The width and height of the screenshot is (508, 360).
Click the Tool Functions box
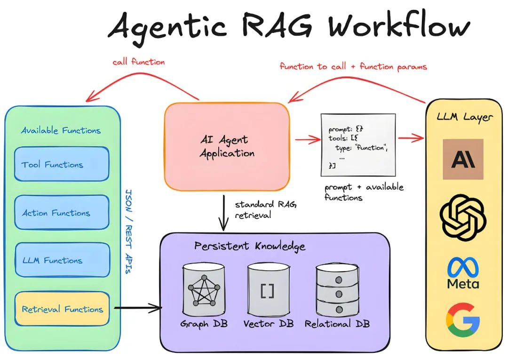[62, 164]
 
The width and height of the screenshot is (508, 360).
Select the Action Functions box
[62, 213]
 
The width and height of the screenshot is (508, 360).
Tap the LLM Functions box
[62, 260]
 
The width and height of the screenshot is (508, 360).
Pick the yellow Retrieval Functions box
[62, 309]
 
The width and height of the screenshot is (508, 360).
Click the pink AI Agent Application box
[227, 146]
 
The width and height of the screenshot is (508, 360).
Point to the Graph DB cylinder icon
[204, 290]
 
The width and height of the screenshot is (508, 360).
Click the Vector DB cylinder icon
[268, 290]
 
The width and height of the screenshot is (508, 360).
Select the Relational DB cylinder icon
[336, 290]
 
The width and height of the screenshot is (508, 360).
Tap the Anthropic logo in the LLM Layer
[463, 159]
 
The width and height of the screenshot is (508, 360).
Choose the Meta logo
[463, 272]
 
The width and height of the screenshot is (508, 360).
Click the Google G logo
[463, 320]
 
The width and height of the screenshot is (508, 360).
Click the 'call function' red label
[138, 62]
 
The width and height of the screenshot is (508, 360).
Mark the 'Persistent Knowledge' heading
[249, 246]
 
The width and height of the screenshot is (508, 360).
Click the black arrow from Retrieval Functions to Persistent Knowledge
[137, 309]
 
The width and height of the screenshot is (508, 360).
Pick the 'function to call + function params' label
[353, 66]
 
